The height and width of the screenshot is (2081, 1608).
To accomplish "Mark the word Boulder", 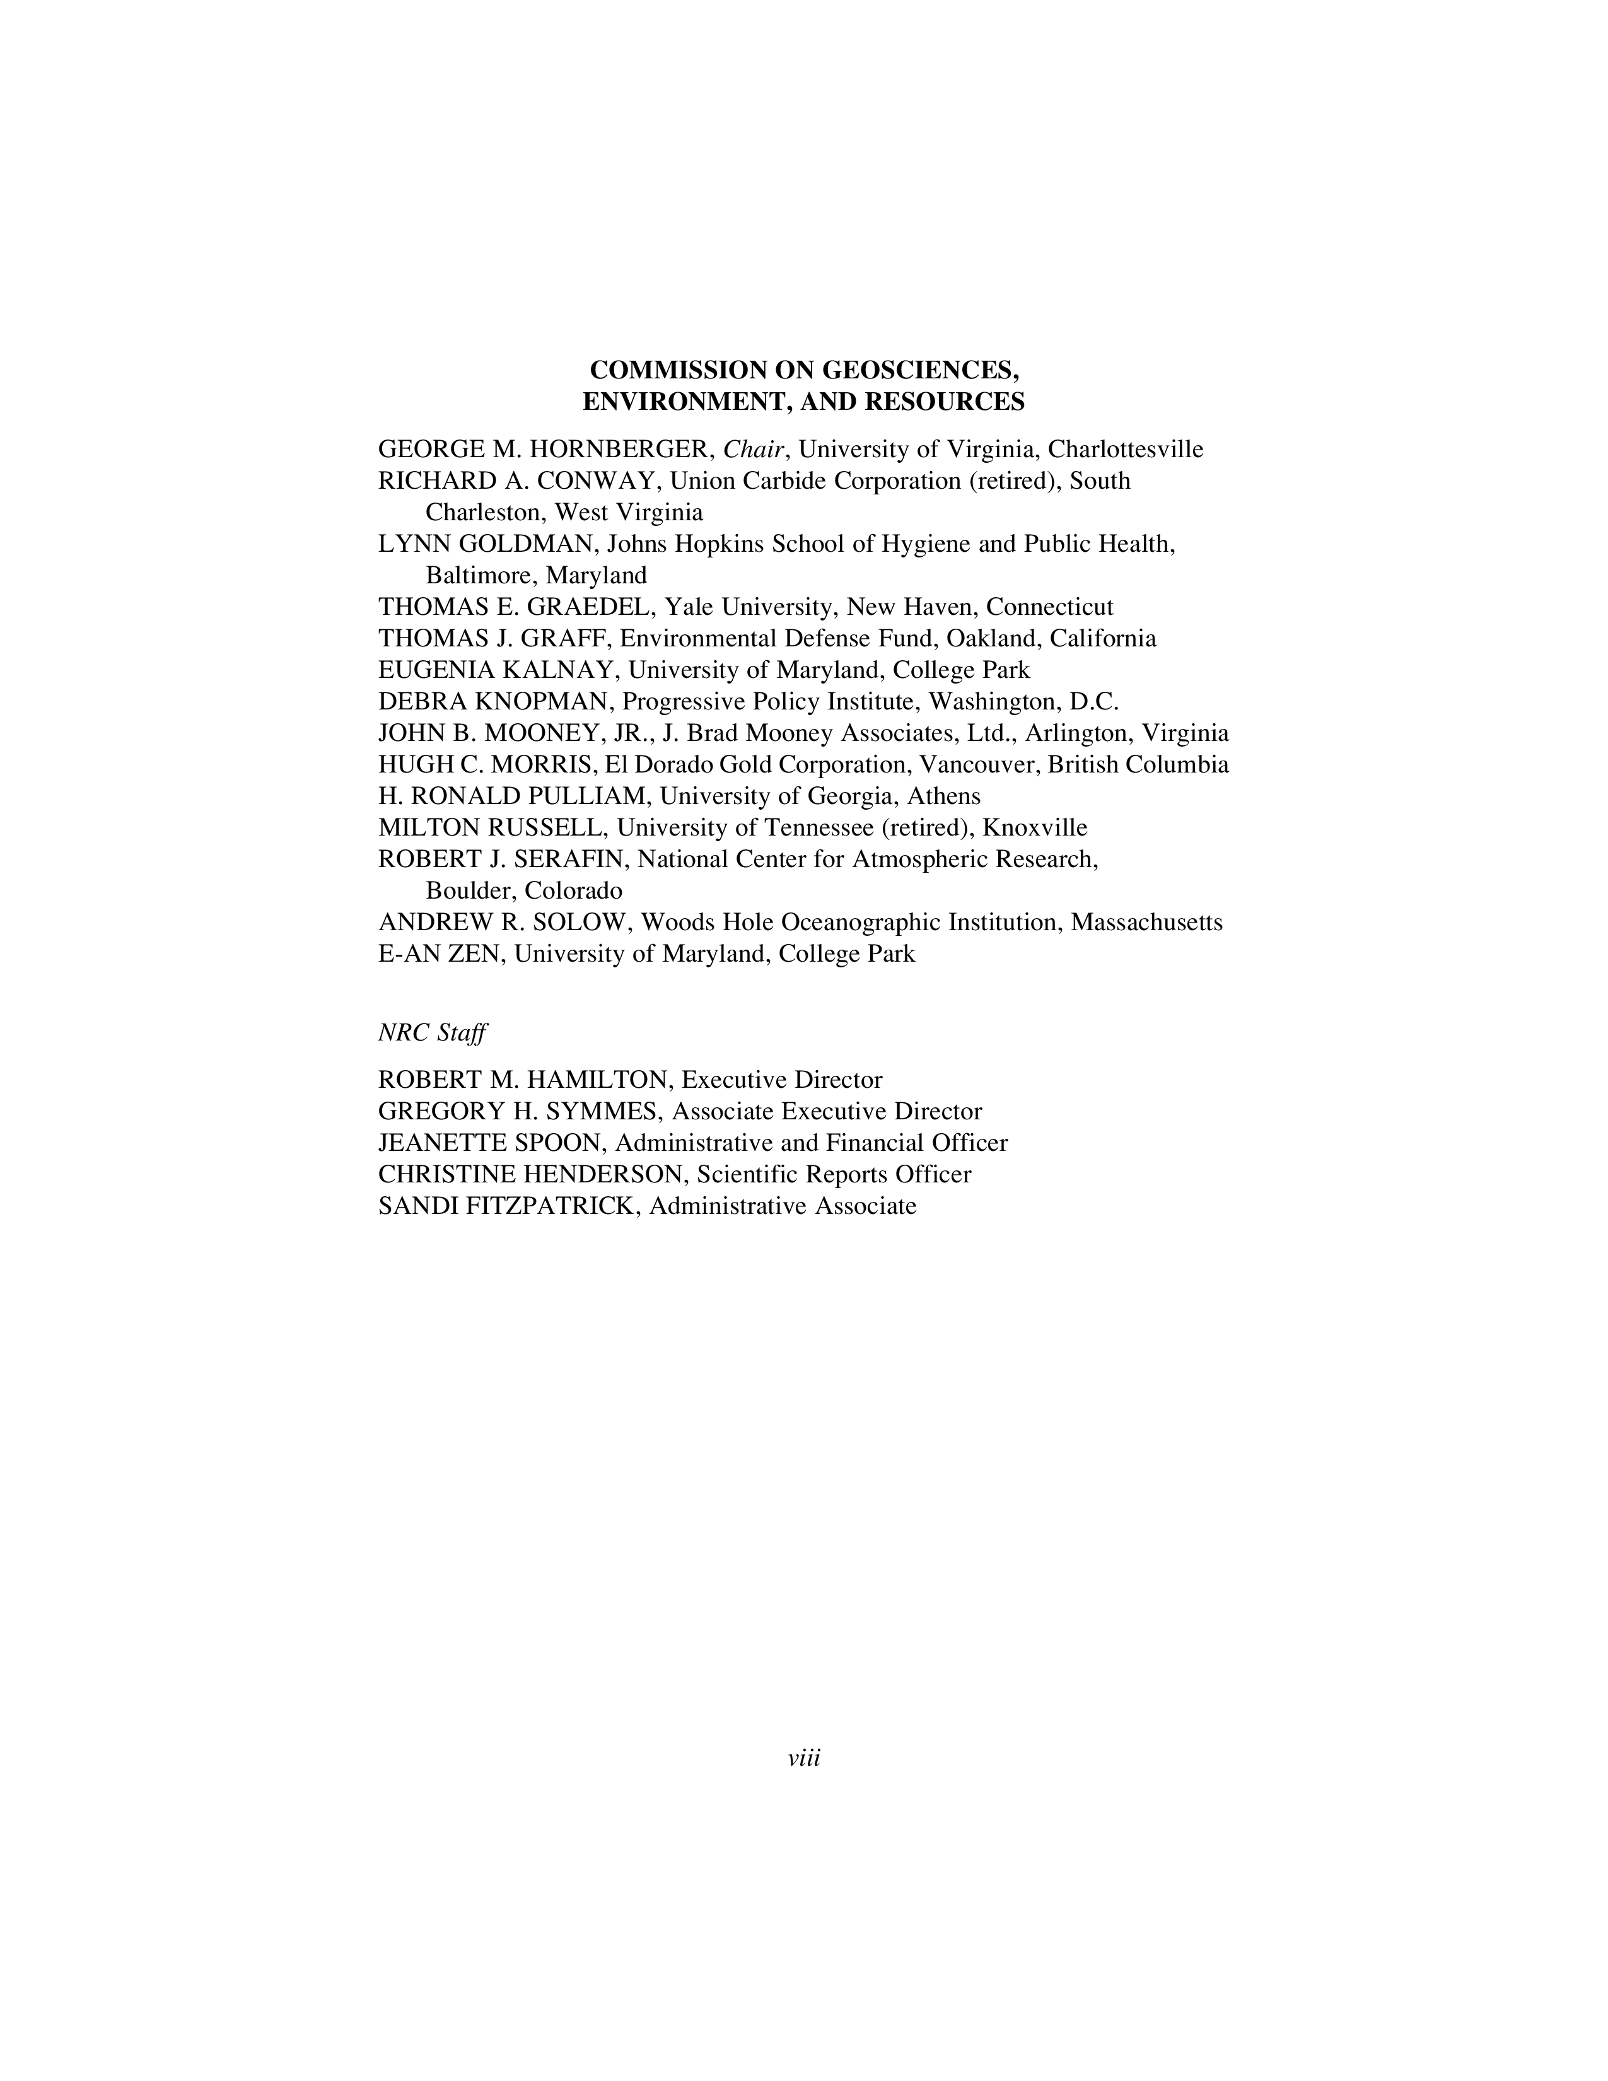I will tap(469, 891).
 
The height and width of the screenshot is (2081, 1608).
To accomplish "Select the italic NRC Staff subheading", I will tap(433, 1033).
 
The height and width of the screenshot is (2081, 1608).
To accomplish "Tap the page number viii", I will tap(804, 1758).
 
